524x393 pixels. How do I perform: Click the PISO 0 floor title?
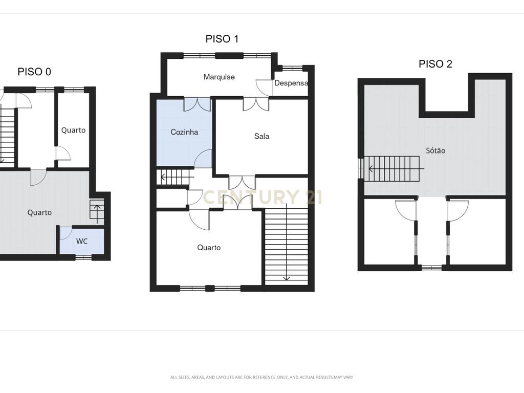[x=34, y=72]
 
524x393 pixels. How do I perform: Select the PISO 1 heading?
[x=222, y=39]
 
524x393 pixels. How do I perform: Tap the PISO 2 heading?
[x=435, y=64]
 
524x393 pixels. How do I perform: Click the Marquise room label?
[x=219, y=77]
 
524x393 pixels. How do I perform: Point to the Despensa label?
[x=291, y=83]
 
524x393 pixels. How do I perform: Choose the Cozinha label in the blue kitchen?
[x=184, y=132]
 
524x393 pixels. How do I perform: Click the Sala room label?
[x=261, y=136]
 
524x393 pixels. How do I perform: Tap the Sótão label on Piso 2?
[x=435, y=150]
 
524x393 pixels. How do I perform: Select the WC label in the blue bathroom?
[x=82, y=242]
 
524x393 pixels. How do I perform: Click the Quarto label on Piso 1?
[x=209, y=248]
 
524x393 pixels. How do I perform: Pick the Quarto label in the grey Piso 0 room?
[x=39, y=212]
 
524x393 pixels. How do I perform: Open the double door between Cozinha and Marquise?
[x=197, y=104]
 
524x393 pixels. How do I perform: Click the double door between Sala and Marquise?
[x=256, y=104]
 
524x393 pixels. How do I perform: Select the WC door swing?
[x=65, y=233]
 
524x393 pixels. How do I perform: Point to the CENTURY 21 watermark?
[x=263, y=197]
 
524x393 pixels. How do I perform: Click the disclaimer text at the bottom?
[x=261, y=377]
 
